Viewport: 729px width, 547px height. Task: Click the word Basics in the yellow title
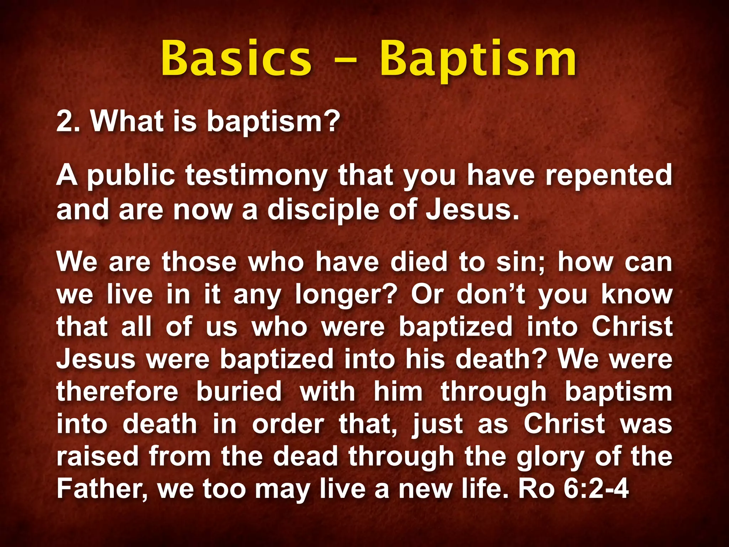pos(236,59)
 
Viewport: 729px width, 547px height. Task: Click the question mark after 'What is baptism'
pos(332,121)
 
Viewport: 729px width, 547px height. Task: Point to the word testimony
pos(256,176)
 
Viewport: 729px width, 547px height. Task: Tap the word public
pos(131,176)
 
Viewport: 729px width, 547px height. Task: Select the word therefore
pos(117,391)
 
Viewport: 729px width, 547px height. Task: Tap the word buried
pos(239,391)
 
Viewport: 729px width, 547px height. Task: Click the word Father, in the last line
pos(102,489)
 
